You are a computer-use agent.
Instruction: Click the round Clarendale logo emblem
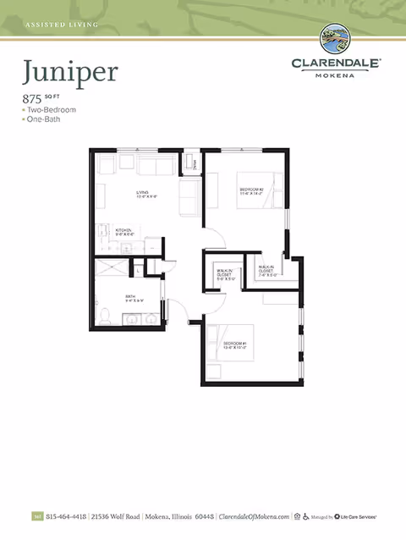tap(337, 41)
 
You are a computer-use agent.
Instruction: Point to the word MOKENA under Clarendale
tap(337, 74)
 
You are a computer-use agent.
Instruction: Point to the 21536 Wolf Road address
tap(116, 515)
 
